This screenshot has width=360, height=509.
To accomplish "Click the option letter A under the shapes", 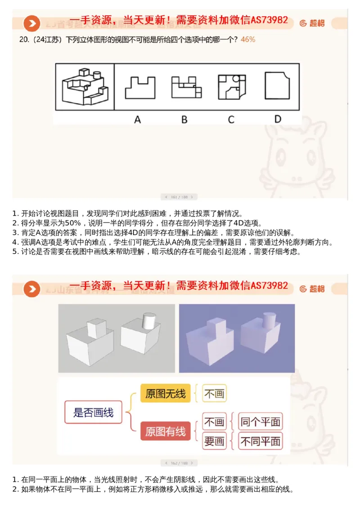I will pos(138,119).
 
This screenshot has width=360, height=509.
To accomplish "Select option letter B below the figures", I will pos(184,119).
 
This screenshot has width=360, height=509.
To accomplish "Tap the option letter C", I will pos(231,119).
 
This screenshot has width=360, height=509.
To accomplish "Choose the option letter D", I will pos(278,119).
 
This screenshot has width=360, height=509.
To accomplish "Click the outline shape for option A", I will pos(140,87).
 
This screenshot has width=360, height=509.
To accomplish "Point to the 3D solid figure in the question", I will pos(85,87).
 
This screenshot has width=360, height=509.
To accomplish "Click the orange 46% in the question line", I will pos(248,40).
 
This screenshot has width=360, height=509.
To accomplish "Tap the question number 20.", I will pos(24,40).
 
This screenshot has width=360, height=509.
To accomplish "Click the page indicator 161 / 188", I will pos(179,197).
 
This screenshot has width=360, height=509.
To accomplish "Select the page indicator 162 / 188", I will pos(179,463).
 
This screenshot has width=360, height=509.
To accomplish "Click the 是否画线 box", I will pos(93,412).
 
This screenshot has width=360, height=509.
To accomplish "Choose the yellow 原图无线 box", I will pos(165,394).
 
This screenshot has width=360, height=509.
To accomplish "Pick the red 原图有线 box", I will pos(165,431).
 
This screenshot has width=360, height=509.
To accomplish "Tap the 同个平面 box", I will pos(261,422).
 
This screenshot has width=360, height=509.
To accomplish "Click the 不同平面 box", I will pos(261,441).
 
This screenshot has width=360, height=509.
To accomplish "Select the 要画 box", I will pos(214,441).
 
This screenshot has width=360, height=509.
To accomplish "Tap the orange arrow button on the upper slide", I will pos(31,23).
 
